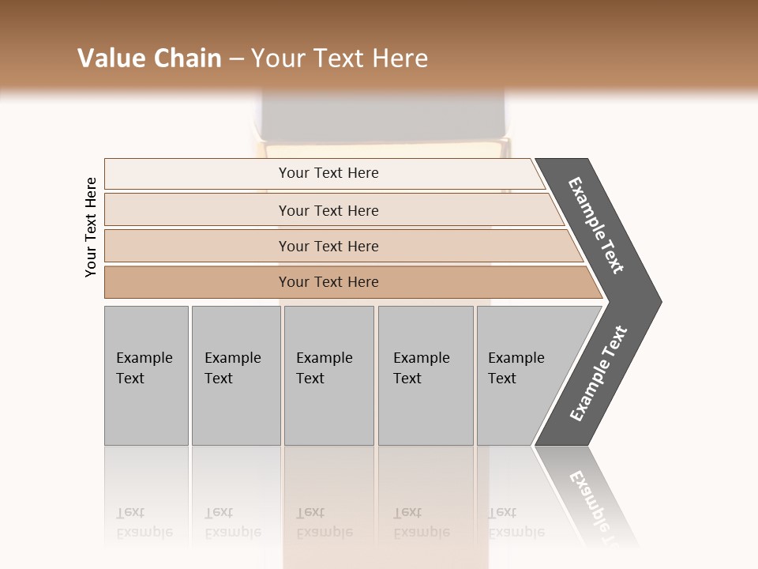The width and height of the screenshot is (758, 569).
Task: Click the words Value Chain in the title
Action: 149,58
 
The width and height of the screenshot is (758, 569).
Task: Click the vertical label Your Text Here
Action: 92,227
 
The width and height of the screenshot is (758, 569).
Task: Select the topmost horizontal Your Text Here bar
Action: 328,173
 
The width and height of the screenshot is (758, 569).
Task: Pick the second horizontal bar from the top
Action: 328,210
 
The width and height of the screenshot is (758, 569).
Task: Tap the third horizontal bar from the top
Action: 328,246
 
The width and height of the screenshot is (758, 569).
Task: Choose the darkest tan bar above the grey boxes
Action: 328,282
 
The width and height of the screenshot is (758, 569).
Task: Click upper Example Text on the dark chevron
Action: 596,225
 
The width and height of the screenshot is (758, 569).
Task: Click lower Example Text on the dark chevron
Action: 598,374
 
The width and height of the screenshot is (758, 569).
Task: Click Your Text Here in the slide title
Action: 340,58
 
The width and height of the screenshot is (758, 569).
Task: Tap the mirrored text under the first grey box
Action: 144,522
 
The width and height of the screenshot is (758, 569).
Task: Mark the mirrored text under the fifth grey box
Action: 516,522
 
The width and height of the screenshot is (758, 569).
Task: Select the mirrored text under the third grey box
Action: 324,522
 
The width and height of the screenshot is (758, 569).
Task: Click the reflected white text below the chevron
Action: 599,506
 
